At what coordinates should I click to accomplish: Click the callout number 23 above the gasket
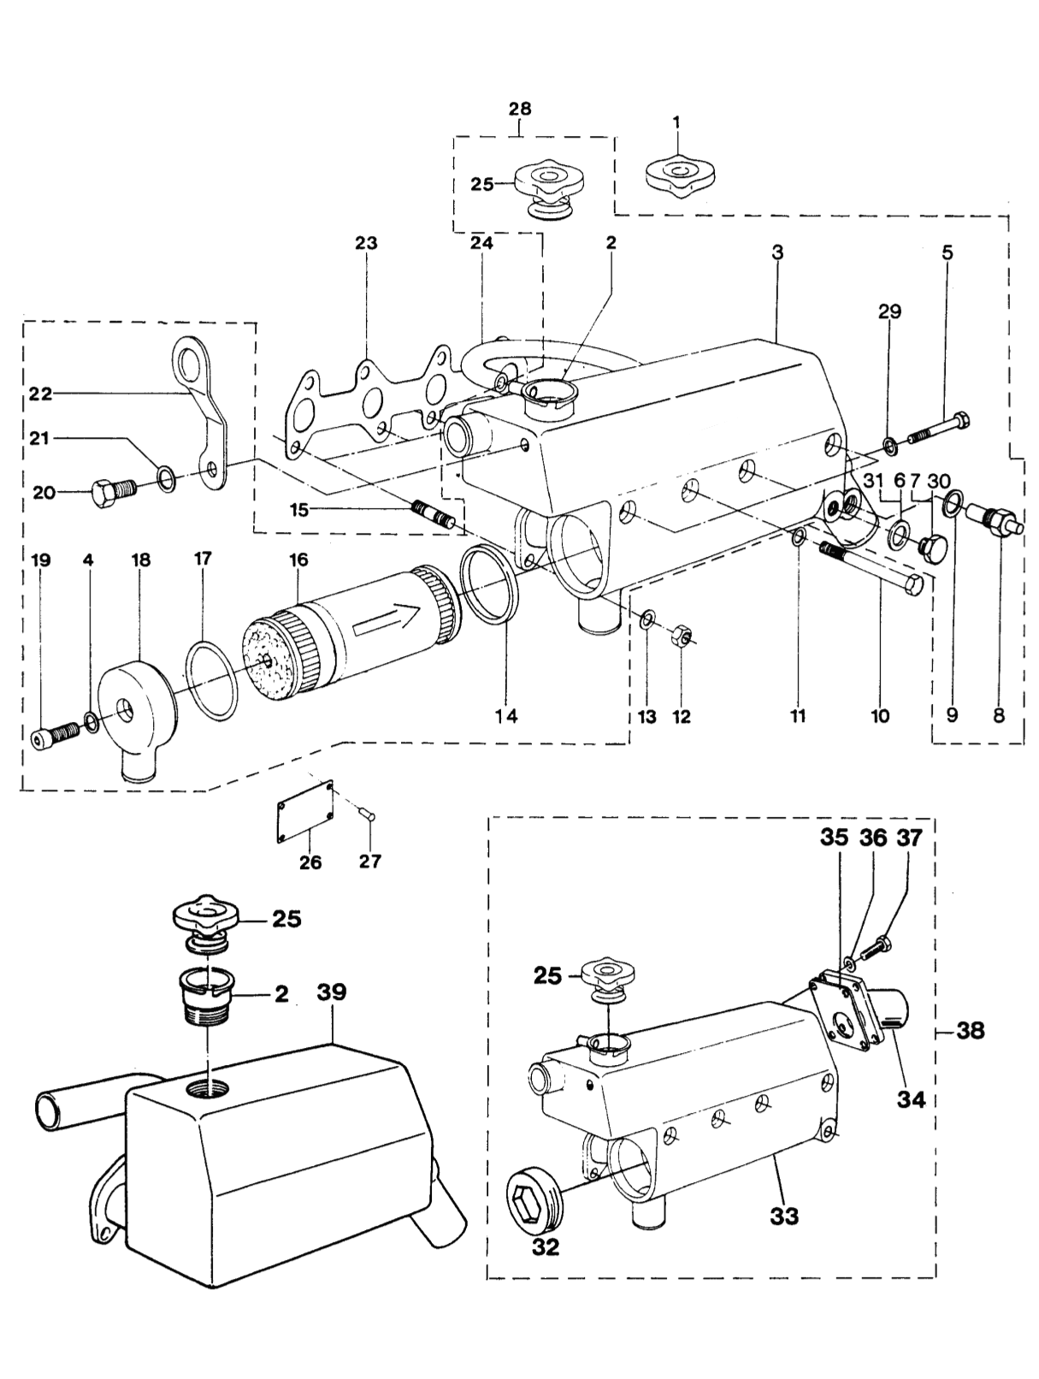tap(366, 243)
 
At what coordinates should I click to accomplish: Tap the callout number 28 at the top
tap(520, 109)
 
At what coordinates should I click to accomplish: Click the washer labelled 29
tap(889, 446)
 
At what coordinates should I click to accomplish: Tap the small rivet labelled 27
tap(369, 815)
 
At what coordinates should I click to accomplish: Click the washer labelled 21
tap(167, 478)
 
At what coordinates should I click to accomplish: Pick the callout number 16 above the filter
tap(298, 559)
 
